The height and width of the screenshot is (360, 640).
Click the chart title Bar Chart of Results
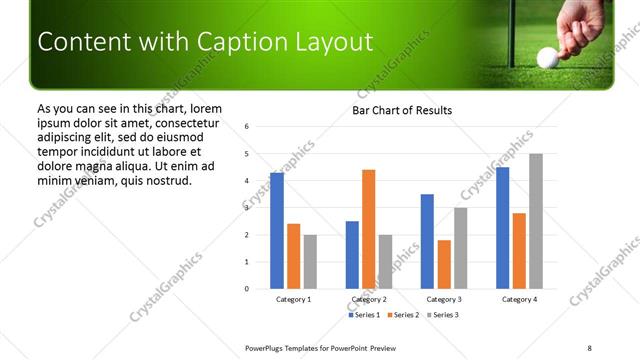click(402, 110)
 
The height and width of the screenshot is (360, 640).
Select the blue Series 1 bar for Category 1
click(277, 231)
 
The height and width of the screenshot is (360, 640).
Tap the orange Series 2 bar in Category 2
click(368, 229)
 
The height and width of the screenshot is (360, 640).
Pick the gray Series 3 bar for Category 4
click(536, 221)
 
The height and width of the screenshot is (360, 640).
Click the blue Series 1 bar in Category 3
click(427, 241)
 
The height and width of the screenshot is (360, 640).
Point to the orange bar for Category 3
click(444, 264)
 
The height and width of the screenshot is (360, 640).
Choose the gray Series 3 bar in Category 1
click(310, 262)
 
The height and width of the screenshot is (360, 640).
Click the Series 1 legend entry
click(366, 315)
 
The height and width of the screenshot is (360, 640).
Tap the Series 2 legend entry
click(404, 315)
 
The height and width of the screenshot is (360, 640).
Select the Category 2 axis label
click(369, 299)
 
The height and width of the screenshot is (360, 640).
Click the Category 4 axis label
click(519, 299)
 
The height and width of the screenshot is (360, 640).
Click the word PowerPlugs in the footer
click(270, 347)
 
